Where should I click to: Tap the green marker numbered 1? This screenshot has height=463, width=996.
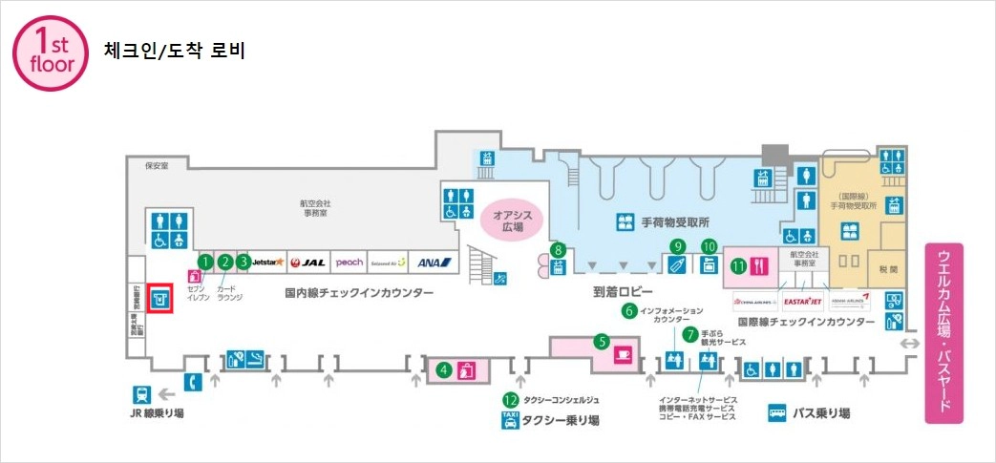(x=204, y=261)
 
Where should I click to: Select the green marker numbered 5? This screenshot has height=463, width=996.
(x=602, y=339)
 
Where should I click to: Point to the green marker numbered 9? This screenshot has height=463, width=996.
(x=677, y=245)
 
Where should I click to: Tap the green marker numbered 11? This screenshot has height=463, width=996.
(x=738, y=266)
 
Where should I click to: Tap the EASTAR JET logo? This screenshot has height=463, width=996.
(x=801, y=301)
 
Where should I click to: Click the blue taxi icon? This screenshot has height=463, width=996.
(x=510, y=420)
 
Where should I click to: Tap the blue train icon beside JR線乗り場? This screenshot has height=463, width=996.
(x=141, y=395)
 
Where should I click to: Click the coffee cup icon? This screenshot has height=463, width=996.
(x=625, y=353)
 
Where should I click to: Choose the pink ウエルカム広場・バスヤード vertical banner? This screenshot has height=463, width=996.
(x=943, y=331)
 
